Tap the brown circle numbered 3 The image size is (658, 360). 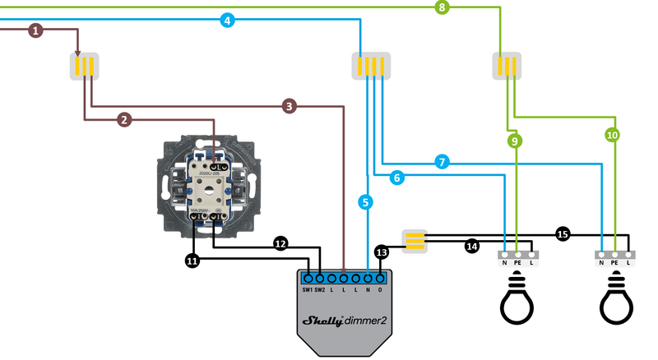[289, 106]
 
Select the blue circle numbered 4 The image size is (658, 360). [228, 20]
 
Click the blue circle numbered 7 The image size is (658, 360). [442, 163]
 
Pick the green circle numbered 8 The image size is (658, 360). [443, 7]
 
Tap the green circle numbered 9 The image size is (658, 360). [515, 141]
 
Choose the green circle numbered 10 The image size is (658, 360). [612, 134]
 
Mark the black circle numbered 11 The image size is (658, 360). [192, 261]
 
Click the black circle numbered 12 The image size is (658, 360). [280, 243]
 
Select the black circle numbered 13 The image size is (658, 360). [381, 252]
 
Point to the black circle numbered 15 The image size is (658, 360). [562, 233]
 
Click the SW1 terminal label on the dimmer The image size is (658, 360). [306, 290]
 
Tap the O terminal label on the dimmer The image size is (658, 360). [379, 290]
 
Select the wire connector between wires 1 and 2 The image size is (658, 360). [85, 66]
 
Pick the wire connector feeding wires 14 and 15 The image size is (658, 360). [415, 239]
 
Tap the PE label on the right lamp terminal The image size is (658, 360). [614, 263]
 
